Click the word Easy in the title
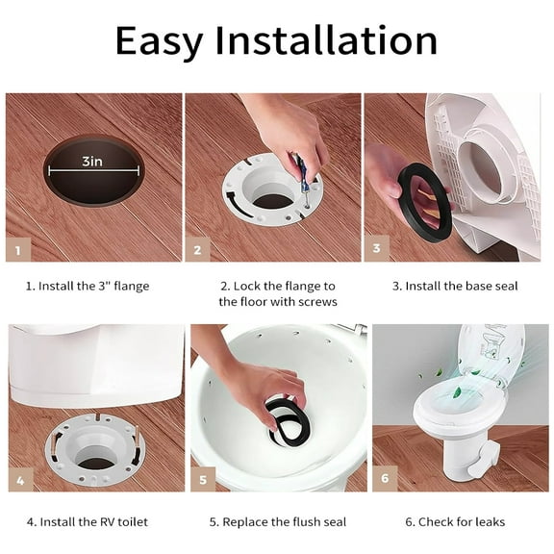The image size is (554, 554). pyautogui.click(x=159, y=40)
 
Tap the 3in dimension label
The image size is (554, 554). pyautogui.click(x=92, y=162)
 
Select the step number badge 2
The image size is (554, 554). pyautogui.click(x=197, y=251)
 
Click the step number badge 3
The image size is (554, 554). pyautogui.click(x=376, y=248)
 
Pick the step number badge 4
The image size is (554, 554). pyautogui.click(x=20, y=478)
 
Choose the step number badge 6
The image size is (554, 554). pyautogui.click(x=385, y=478)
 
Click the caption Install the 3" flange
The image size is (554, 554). pyautogui.click(x=88, y=286)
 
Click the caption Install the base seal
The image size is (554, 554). pyautogui.click(x=455, y=286)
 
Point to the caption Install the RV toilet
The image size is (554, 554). pyautogui.click(x=88, y=522)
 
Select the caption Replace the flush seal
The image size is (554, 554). pyautogui.click(x=277, y=522)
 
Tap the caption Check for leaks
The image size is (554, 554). pyautogui.click(x=454, y=522)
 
